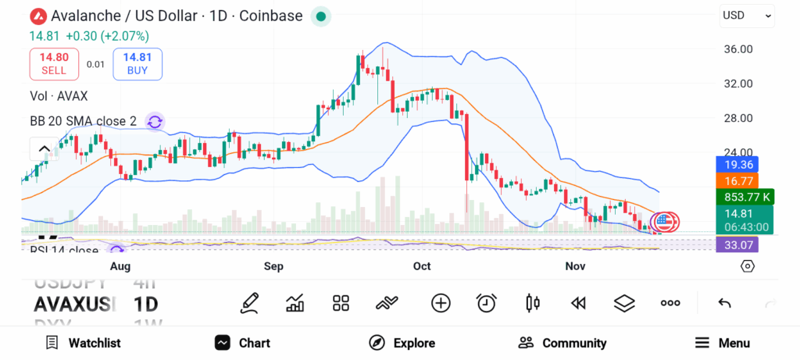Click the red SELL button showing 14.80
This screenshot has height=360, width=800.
click(55, 63)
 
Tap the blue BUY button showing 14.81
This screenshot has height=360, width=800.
click(137, 63)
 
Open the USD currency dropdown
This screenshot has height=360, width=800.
click(747, 15)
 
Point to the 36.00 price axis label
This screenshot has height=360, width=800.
click(738, 49)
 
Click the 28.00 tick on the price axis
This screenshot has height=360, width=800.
click(738, 118)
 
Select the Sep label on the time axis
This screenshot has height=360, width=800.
click(273, 266)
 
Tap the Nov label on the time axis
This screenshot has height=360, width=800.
click(575, 266)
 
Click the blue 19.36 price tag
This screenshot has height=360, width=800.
click(737, 165)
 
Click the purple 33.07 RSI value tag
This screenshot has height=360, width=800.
click(737, 244)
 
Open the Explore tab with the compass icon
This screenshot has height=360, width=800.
click(402, 343)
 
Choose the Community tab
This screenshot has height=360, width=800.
click(562, 343)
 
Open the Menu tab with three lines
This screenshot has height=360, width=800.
click(722, 343)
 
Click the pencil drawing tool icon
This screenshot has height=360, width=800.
click(249, 303)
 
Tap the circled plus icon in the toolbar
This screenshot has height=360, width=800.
click(441, 303)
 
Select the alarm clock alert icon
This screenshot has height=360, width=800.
click(487, 303)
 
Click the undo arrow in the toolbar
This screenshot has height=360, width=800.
click(724, 303)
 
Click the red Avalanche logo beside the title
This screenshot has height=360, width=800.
click(37, 16)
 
